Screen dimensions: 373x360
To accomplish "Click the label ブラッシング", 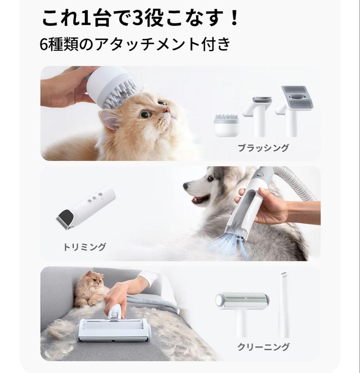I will (263, 148).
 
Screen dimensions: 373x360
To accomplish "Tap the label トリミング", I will (84, 247).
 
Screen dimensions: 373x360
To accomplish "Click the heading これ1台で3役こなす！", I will (140, 18).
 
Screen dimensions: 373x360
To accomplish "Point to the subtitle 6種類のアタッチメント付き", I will (135, 44).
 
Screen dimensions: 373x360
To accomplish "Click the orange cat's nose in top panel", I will (167, 110).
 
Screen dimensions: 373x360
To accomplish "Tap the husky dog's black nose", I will (185, 186).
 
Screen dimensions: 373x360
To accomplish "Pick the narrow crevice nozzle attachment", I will (284, 304).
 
